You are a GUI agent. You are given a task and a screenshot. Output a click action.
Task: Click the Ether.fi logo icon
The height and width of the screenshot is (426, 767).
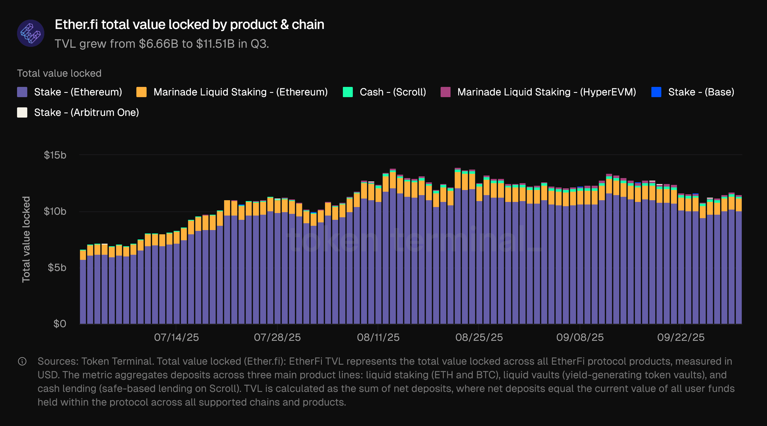pyautogui.click(x=31, y=33)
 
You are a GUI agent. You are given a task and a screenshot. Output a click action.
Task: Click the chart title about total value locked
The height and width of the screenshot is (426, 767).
pyautogui.click(x=189, y=24)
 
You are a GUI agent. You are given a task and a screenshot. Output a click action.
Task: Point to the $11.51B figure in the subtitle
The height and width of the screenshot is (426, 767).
pyautogui.click(x=215, y=44)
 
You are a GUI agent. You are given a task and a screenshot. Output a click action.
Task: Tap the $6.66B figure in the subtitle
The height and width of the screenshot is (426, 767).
pyautogui.click(x=159, y=44)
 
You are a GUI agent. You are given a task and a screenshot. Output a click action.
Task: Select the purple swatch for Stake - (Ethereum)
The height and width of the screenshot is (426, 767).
pyautogui.click(x=22, y=92)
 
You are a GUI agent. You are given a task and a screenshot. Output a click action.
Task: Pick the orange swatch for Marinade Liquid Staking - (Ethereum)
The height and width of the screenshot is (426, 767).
pyautogui.click(x=141, y=92)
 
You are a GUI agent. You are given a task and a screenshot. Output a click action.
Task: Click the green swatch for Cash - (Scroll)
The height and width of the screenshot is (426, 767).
pyautogui.click(x=348, y=92)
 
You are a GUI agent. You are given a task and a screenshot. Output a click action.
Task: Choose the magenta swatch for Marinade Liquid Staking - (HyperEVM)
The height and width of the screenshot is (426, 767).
pyautogui.click(x=445, y=92)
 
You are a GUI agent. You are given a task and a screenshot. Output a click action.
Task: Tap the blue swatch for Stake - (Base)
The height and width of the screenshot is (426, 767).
pyautogui.click(x=656, y=92)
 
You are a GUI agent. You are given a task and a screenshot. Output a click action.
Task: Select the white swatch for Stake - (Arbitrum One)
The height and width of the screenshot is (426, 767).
pyautogui.click(x=22, y=112)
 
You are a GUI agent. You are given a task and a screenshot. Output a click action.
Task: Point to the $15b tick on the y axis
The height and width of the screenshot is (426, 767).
pyautogui.click(x=55, y=155)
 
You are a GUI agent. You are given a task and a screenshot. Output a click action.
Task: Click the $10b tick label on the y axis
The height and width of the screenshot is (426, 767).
pyautogui.click(x=55, y=211)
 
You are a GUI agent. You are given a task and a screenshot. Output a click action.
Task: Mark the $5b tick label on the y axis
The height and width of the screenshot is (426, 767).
pyautogui.click(x=57, y=268)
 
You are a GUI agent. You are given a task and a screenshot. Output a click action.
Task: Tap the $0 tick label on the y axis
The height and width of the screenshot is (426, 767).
pyautogui.click(x=60, y=323)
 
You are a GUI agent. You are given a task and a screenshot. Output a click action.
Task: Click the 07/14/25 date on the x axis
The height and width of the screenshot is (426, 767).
pyautogui.click(x=176, y=337)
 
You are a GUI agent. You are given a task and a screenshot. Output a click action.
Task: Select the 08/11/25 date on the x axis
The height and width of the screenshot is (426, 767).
pyautogui.click(x=378, y=337)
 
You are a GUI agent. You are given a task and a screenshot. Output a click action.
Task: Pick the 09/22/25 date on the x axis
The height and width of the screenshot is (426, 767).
pyautogui.click(x=681, y=337)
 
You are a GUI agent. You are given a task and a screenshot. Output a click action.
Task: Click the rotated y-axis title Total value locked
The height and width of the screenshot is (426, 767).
pyautogui.click(x=26, y=239)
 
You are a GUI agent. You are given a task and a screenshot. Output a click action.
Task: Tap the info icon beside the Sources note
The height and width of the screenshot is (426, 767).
pyautogui.click(x=22, y=362)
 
